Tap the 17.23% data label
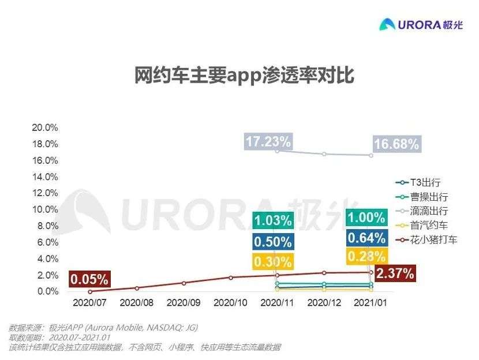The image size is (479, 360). (268, 141)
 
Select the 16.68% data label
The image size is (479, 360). (396, 144)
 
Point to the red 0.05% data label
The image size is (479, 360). (89, 280)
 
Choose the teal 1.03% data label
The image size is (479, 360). (273, 220)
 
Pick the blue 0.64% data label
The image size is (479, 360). (366, 238)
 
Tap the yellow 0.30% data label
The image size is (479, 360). (273, 261)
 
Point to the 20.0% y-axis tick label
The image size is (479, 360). (44, 127)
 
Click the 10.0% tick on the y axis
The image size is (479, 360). (44, 209)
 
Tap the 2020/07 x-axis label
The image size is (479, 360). (89, 302)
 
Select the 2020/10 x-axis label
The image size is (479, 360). (230, 302)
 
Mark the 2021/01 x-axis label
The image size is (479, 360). (371, 302)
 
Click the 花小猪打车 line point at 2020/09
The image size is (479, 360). (184, 283)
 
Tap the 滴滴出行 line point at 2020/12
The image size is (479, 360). (324, 154)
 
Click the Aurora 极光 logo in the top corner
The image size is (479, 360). (421, 24)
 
